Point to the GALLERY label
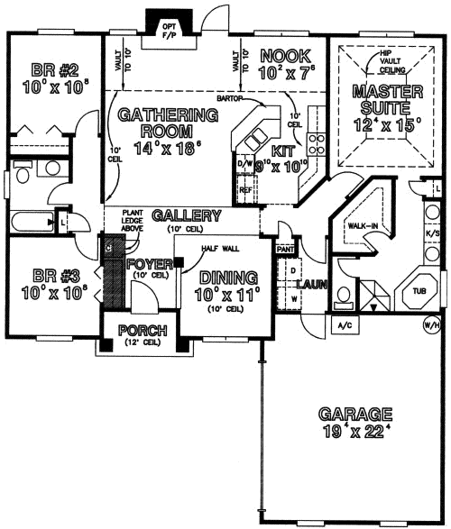coord(187,216)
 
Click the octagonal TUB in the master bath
coord(419,291)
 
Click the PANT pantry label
coord(286,249)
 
